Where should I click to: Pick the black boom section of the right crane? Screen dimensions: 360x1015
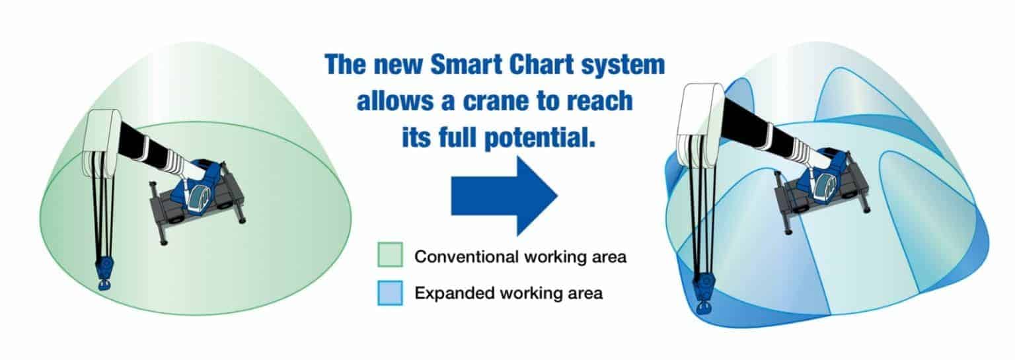tap(753, 126)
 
